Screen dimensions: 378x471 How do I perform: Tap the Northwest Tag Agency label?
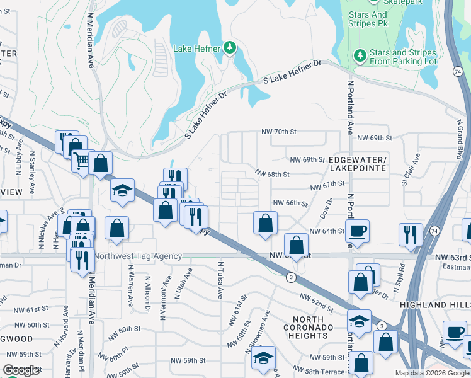click(x=138, y=256)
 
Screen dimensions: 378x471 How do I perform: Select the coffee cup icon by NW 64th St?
click(x=358, y=231)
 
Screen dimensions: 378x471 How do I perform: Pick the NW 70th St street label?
click(x=279, y=132)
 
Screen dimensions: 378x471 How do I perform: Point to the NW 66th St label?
click(x=290, y=203)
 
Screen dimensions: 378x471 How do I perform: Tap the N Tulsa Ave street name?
click(x=220, y=280)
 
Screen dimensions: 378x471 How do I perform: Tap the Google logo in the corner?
click(x=21, y=370)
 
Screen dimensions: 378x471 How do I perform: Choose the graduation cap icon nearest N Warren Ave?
click(x=122, y=191)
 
